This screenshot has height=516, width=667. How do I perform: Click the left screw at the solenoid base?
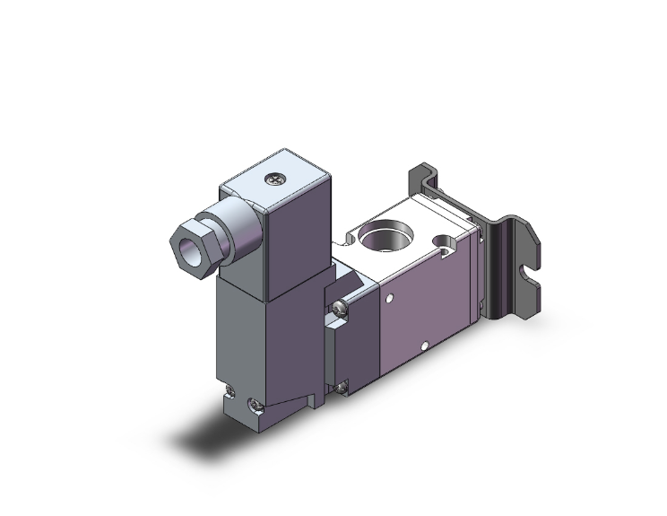(x=230, y=391)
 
